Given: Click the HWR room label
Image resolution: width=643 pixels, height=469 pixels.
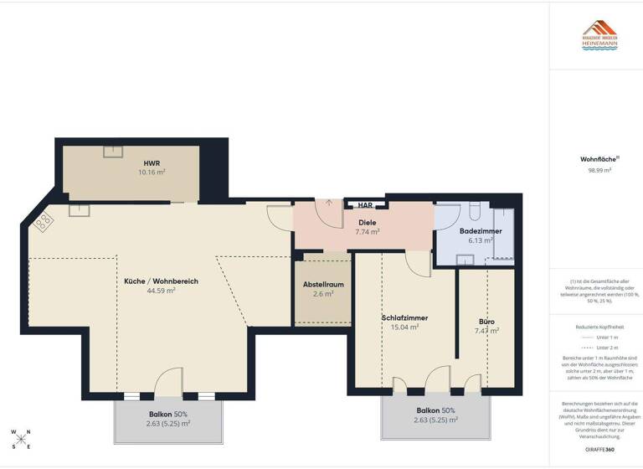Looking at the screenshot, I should click(152, 162).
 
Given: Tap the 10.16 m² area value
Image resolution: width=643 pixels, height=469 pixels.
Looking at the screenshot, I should click(152, 172).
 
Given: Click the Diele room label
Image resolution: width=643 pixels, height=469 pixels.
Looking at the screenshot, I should click(367, 222).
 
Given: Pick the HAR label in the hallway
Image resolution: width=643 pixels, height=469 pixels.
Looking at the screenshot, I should click(365, 205).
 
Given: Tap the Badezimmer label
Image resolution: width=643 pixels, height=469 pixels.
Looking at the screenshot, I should click(481, 230).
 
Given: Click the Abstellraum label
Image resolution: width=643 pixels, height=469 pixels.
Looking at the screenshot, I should click(323, 285).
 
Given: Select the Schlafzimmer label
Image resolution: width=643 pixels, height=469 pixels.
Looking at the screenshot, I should click(404, 318).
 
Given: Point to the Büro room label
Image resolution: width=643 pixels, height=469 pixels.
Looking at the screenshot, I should click(486, 321).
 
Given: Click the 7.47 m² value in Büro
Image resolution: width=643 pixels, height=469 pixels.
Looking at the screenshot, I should click(486, 330).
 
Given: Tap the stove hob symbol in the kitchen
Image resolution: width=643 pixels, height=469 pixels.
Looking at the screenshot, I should click(44, 222).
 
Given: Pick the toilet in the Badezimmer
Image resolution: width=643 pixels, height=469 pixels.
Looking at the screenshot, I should click(475, 212).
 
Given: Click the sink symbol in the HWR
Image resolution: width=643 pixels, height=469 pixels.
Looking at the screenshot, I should click(113, 151).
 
